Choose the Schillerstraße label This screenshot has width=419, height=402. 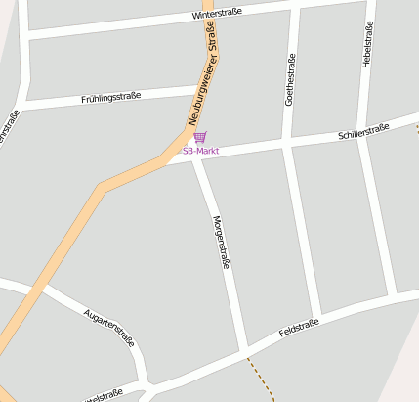[x=363, y=132]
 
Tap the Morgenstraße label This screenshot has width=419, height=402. [x=220, y=242]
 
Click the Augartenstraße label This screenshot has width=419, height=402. [x=109, y=328]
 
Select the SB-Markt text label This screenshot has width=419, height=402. [x=200, y=152]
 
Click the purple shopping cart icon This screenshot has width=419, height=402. [x=200, y=138]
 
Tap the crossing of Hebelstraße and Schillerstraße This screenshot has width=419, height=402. [x=362, y=132]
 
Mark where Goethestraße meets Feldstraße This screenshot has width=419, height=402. [x=317, y=318]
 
